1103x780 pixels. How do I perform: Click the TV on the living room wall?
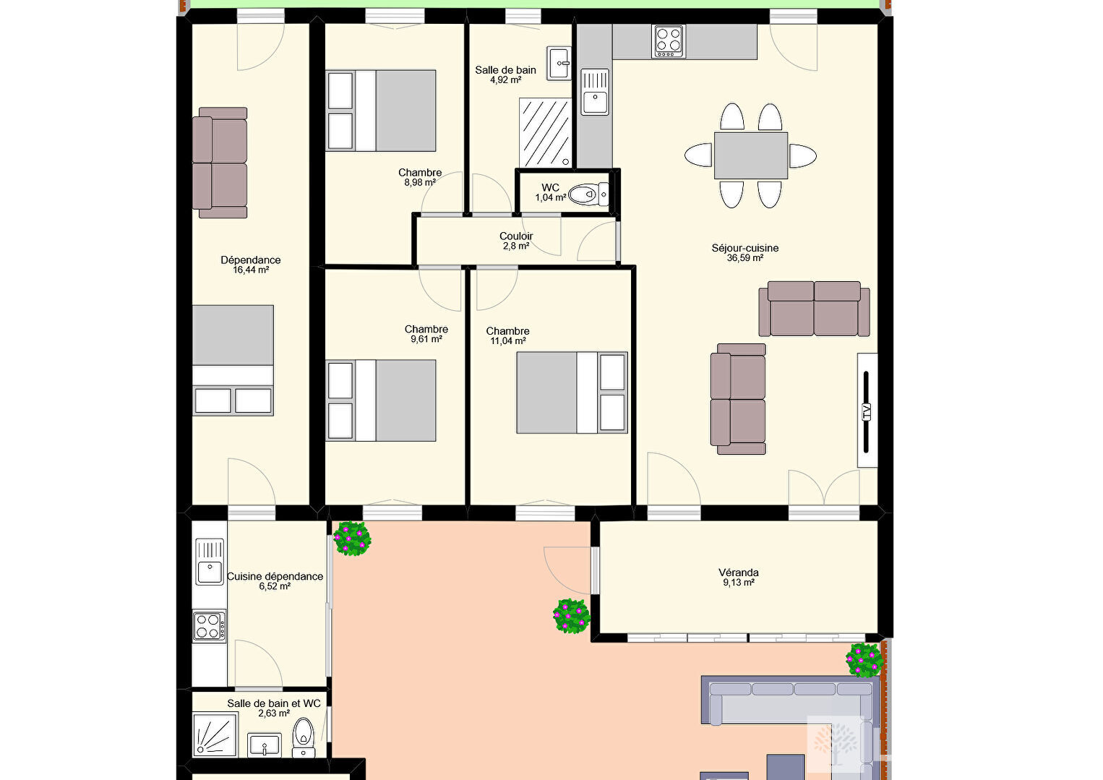coord(867,410)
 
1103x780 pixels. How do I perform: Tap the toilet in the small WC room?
coord(588,194)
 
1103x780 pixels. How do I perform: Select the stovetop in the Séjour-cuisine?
coord(668,41)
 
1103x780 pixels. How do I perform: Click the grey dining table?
coord(750,155)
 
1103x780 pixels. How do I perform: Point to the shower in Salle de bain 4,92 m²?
coord(546,133)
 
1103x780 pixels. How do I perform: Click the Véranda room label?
coord(738,573)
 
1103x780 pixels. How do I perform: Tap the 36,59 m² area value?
coord(745,258)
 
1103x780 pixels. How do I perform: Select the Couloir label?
coord(516,236)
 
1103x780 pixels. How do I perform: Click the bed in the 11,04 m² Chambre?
coord(572,393)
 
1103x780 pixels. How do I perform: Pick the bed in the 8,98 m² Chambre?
coord(381,111)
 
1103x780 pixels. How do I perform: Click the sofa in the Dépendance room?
coord(220,163)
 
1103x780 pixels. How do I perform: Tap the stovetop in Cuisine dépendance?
coord(210,626)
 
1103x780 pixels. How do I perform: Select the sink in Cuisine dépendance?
coord(210,562)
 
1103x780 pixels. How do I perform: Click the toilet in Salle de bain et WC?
coord(304,737)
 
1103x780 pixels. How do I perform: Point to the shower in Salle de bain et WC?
coord(215,735)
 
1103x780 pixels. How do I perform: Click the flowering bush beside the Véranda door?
coord(571,615)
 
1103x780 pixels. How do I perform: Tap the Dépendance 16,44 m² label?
coord(251,265)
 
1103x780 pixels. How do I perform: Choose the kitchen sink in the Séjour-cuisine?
coord(595,92)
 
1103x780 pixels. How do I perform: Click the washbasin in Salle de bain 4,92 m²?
coord(559,64)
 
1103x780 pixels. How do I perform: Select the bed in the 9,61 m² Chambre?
coord(381,400)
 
